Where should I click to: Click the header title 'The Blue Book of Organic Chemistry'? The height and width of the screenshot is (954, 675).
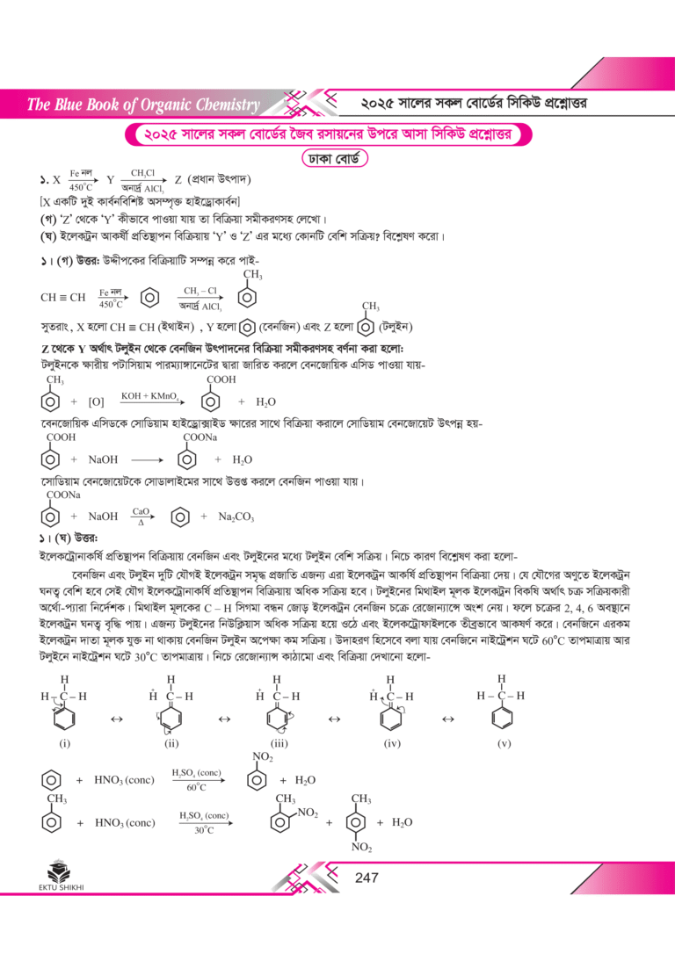click(143, 106)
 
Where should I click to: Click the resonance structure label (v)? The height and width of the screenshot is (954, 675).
click(503, 743)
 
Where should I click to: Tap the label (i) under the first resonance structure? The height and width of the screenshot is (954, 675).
click(64, 743)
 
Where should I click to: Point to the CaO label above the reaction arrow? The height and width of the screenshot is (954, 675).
click(142, 510)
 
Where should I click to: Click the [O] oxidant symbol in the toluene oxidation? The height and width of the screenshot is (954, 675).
click(97, 402)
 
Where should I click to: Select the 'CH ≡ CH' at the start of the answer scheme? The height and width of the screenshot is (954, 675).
click(63, 299)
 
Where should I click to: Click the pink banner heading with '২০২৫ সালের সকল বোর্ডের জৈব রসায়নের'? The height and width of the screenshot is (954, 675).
click(330, 135)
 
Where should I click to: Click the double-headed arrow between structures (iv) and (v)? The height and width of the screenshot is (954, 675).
click(446, 719)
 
